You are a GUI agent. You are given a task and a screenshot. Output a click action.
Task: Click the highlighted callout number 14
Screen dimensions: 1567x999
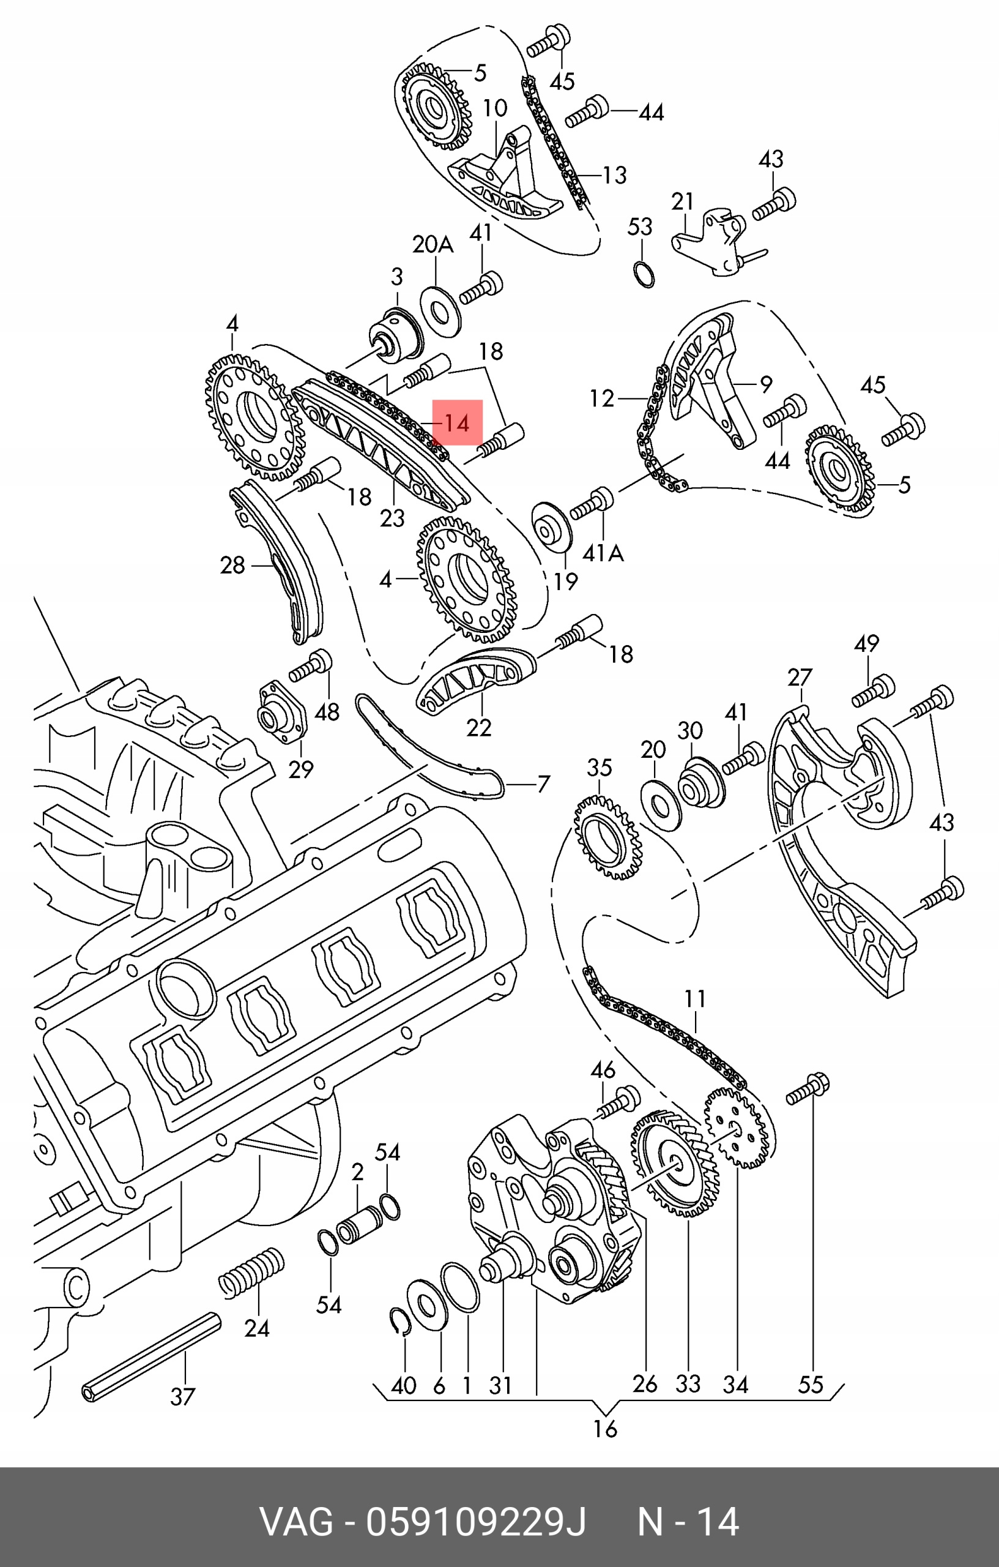coord(456,424)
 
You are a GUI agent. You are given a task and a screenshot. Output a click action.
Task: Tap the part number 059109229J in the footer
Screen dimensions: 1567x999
coord(475,1522)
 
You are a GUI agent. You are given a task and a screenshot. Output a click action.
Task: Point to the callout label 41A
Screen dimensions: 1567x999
coord(603,553)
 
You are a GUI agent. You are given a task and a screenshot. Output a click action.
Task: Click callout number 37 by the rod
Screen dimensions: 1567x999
coord(183,1396)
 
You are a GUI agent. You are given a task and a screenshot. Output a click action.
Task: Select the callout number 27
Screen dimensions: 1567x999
coord(800,678)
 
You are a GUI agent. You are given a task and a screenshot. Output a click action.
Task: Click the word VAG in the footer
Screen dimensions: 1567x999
coord(297,1522)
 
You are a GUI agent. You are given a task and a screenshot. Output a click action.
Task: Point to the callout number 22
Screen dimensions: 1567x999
coord(478,727)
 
